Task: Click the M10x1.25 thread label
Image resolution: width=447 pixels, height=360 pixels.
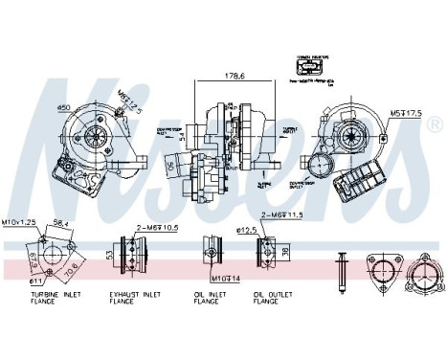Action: click(x=20, y=221)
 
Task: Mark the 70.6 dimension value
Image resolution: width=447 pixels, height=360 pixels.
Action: click(x=70, y=269)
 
